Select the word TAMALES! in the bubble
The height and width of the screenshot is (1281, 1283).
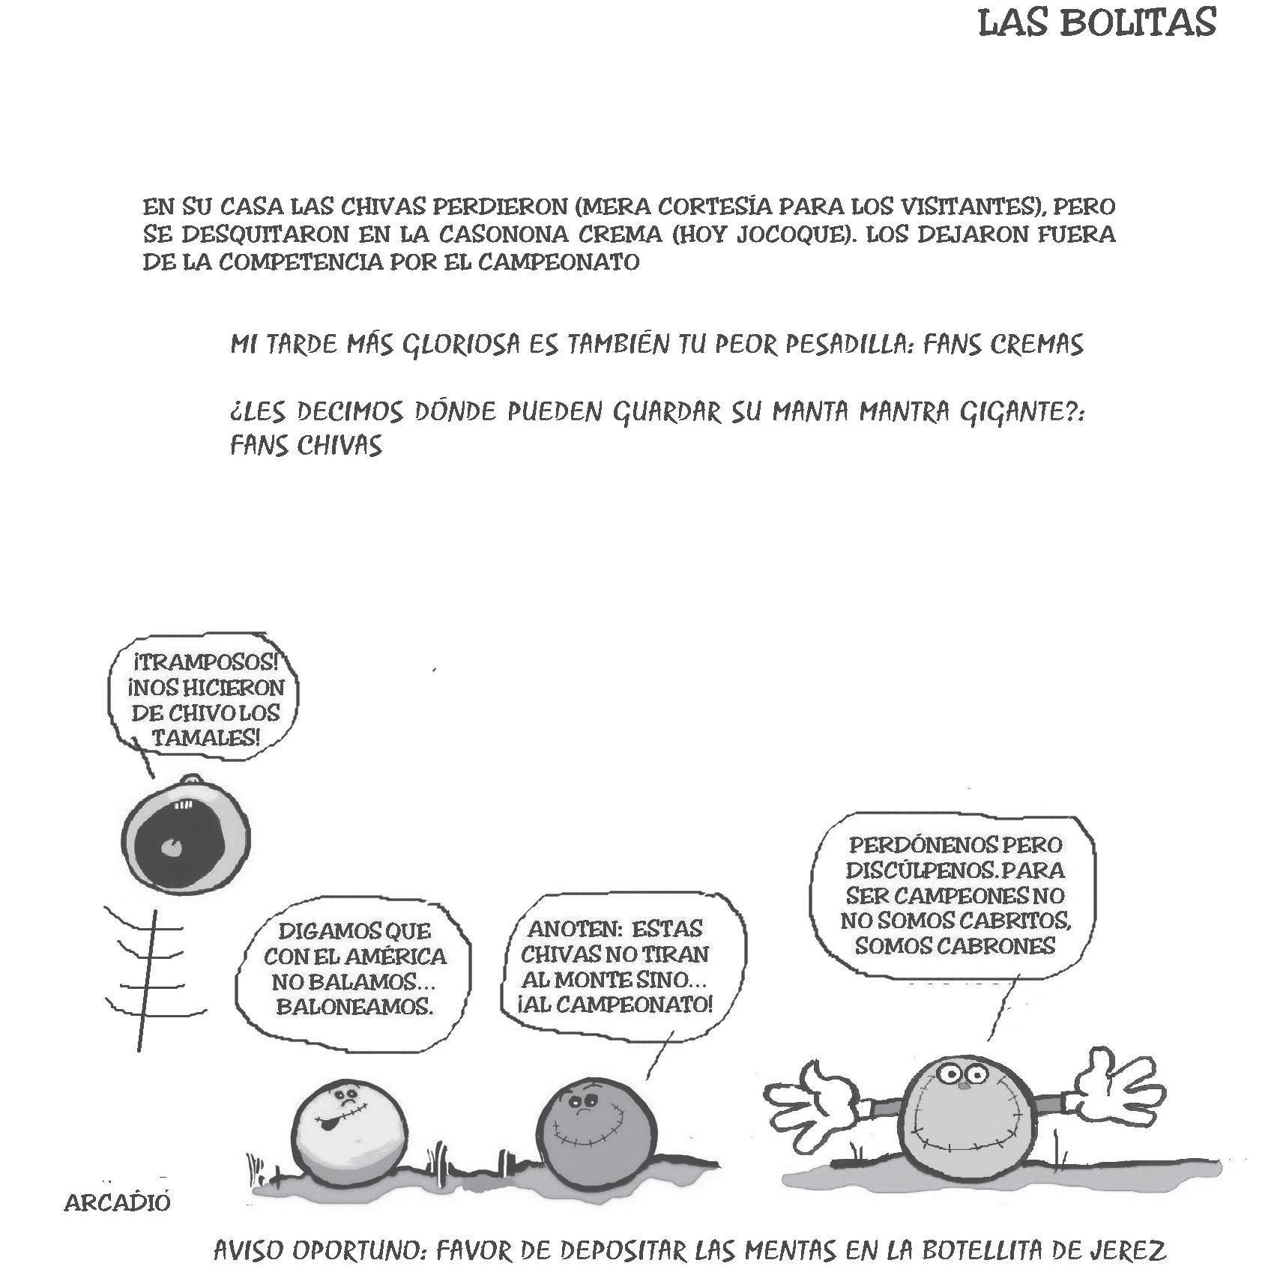click(x=206, y=737)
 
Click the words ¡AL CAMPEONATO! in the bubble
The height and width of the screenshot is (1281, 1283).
click(x=615, y=1004)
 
